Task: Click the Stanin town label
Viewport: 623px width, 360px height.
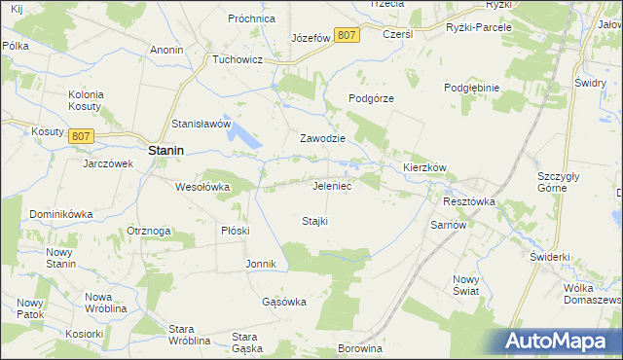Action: point(167,151)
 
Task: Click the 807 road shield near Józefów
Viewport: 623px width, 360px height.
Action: point(346,35)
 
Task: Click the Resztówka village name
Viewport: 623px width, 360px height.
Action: point(469,201)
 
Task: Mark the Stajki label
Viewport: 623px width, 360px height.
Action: point(314,221)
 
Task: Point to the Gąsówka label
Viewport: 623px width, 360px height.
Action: point(284,302)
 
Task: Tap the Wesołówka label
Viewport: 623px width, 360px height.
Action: point(202,187)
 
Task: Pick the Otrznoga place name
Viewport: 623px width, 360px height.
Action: point(149,231)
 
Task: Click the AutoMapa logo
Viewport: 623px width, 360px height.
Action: point(564,341)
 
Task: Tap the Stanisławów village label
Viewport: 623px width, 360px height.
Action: point(201,125)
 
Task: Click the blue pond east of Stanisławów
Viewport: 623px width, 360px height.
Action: point(245,138)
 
